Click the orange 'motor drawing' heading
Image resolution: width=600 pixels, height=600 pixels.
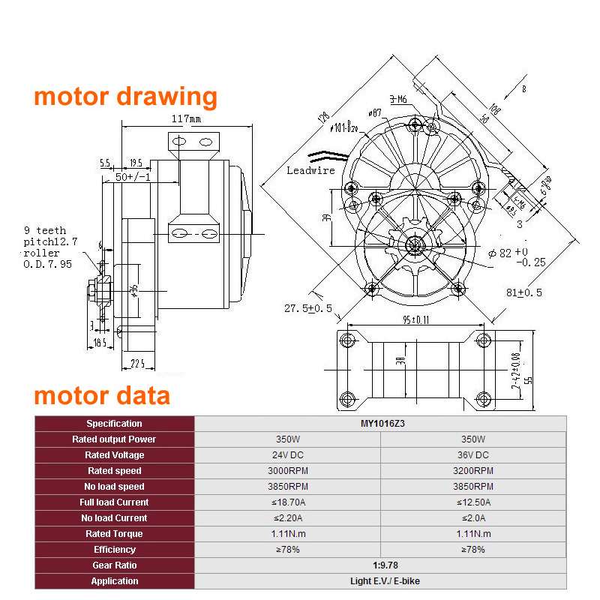125,97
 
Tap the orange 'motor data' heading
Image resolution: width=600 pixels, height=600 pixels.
101,395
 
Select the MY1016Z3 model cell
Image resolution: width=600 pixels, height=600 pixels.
380,424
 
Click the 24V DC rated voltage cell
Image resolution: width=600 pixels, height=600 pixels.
288,455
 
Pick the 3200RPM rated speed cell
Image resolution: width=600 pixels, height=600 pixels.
473,471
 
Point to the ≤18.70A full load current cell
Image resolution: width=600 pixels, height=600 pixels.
288,502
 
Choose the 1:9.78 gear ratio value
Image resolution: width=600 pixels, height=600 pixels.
380,565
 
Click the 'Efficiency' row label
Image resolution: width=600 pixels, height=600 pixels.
114,550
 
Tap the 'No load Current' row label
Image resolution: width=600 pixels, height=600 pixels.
114,518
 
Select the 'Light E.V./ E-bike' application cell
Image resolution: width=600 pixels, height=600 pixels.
380,581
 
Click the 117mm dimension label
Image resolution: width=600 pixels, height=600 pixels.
186,118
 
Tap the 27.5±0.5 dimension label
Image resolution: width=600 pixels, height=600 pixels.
307,309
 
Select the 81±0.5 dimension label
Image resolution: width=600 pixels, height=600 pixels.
524,292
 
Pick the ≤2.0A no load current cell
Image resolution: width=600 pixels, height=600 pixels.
473,518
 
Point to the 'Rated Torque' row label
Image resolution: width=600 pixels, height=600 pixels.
114,534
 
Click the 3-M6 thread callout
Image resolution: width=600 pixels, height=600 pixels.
398,99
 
